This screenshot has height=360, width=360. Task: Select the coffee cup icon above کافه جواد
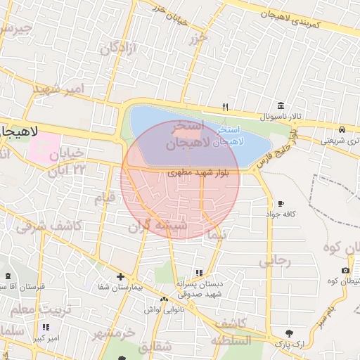281,202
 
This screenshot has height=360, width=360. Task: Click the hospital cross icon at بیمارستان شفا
120,277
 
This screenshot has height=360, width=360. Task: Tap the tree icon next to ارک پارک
289,333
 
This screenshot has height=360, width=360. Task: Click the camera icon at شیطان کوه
345,271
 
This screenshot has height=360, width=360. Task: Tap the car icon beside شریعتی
341,129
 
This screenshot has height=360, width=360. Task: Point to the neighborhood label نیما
217,236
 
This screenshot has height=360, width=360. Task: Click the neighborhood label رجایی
275,261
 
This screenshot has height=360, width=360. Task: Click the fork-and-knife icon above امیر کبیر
46,327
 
